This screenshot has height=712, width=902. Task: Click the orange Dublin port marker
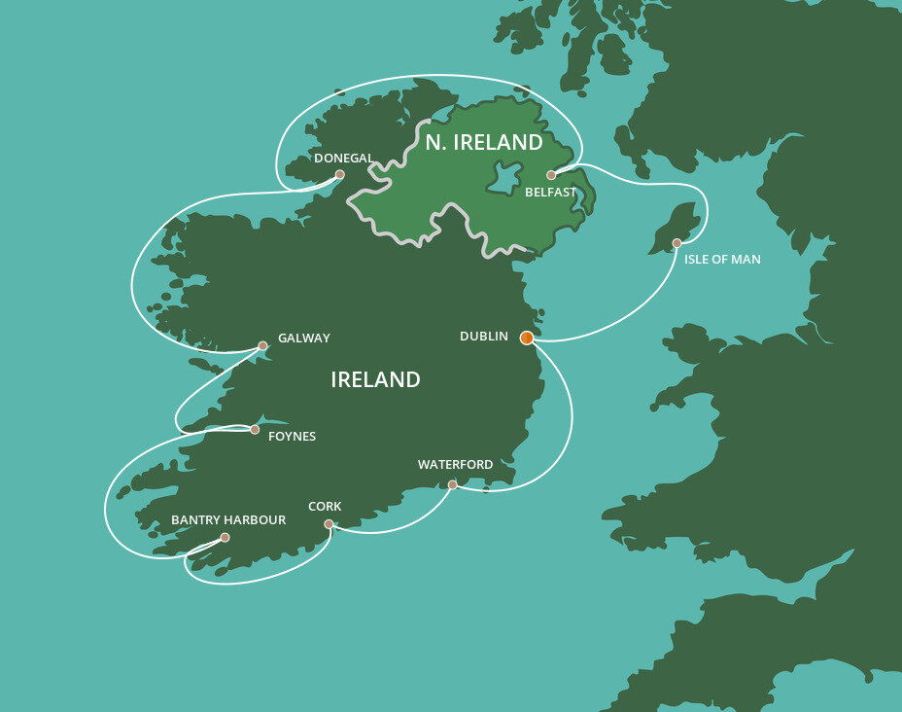click(527, 338)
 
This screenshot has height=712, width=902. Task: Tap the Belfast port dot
click(551, 175)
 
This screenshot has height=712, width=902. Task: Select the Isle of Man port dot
click(676, 243)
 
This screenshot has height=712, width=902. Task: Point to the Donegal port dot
click(339, 175)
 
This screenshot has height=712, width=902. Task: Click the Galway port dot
click(262, 345)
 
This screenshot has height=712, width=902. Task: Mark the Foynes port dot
click(255, 429)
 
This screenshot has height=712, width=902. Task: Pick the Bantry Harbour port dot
click(225, 537)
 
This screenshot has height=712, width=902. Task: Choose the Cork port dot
click(329, 524)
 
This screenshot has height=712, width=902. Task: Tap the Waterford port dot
click(452, 484)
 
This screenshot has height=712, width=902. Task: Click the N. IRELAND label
click(484, 143)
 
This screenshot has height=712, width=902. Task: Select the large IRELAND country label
click(375, 379)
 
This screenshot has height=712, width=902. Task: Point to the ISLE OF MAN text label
click(722, 260)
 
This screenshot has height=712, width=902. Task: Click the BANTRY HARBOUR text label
click(228, 520)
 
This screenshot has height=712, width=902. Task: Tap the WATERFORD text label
click(455, 465)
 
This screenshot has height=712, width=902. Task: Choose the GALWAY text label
click(304, 338)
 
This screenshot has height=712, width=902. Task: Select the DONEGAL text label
click(344, 158)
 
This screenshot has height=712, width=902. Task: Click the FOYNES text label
click(292, 437)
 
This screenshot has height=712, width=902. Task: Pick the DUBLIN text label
click(484, 337)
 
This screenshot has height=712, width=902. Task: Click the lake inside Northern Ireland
click(503, 178)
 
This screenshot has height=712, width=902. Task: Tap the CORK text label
click(325, 507)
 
